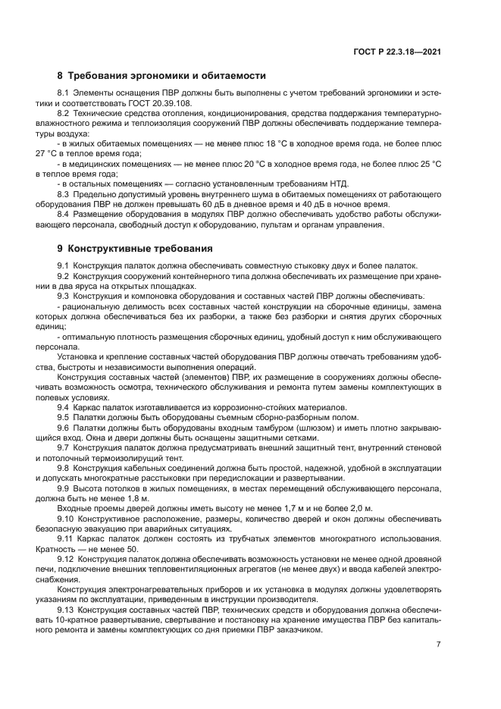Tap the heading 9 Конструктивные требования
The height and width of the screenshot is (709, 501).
tap(136, 248)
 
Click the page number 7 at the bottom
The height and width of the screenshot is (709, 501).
tap(439, 644)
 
